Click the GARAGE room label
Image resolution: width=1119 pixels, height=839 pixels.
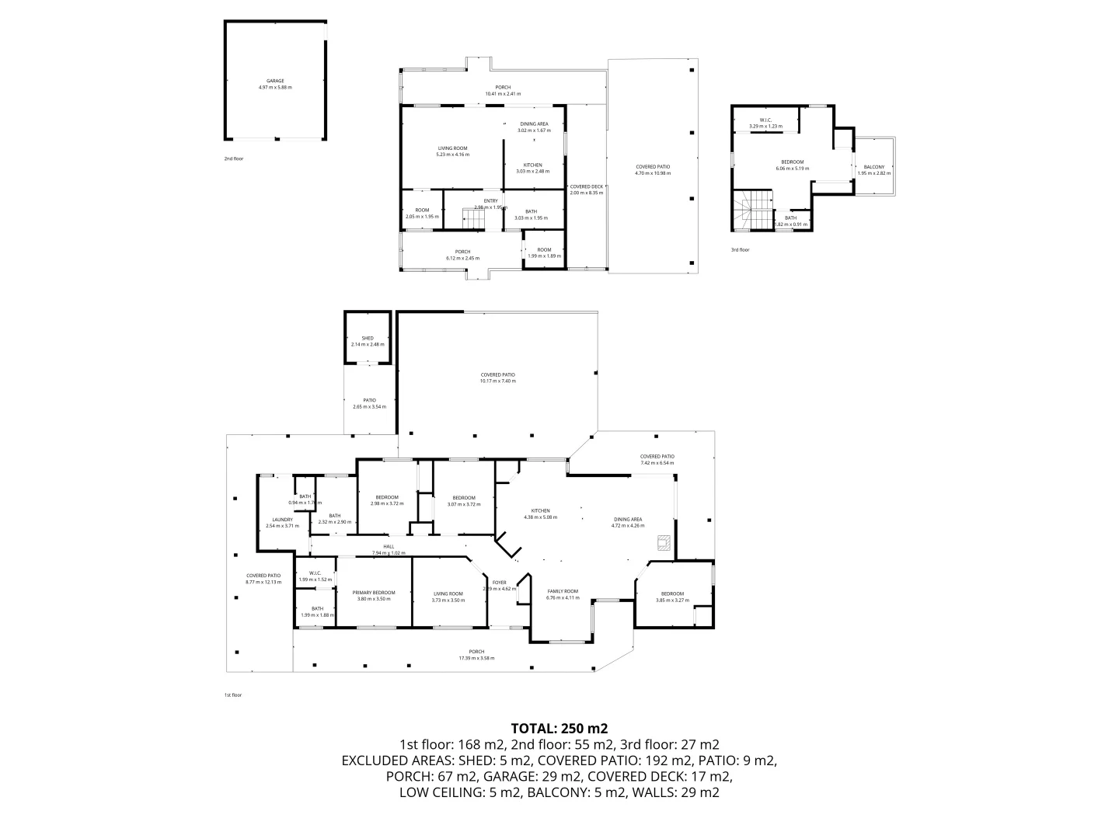coord(275,81)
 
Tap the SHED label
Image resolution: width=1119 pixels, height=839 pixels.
coord(368,339)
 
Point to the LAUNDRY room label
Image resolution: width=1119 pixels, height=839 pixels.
coord(282,520)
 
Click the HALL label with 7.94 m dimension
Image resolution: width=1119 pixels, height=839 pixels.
coord(389,547)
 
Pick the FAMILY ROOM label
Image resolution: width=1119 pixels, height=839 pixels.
coord(563,591)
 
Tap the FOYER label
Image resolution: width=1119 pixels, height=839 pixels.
coord(499,583)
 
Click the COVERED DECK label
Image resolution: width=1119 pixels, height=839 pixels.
coord(586,186)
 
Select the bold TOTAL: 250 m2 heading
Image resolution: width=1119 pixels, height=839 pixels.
coord(559,729)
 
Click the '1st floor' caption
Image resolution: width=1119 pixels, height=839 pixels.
coord(233,695)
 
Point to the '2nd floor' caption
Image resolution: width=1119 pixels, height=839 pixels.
coord(233,158)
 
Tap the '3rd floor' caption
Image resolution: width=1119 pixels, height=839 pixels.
coord(740,250)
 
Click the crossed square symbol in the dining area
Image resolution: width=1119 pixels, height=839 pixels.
coord(663,542)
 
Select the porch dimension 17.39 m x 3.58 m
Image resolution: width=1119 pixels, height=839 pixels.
coord(476,658)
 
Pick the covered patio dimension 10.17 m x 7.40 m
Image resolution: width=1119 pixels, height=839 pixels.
coord(497,381)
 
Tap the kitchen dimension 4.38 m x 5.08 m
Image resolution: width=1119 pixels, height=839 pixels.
coord(540,517)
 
